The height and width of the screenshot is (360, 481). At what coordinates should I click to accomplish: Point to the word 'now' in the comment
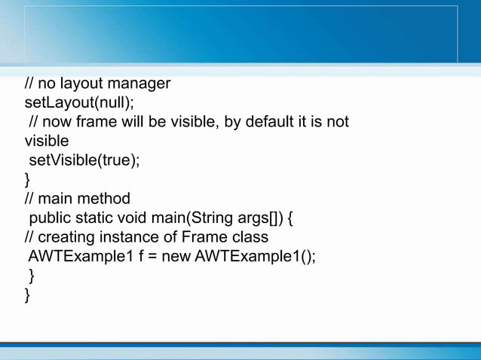pyautogui.click(x=61, y=121)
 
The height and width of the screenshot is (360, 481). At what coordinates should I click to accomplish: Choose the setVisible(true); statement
pyautogui.click(x=84, y=160)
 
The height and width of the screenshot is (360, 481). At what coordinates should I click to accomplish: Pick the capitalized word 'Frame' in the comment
pyautogui.click(x=201, y=237)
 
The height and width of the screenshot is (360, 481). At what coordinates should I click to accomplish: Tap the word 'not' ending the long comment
pyautogui.click(x=336, y=121)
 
